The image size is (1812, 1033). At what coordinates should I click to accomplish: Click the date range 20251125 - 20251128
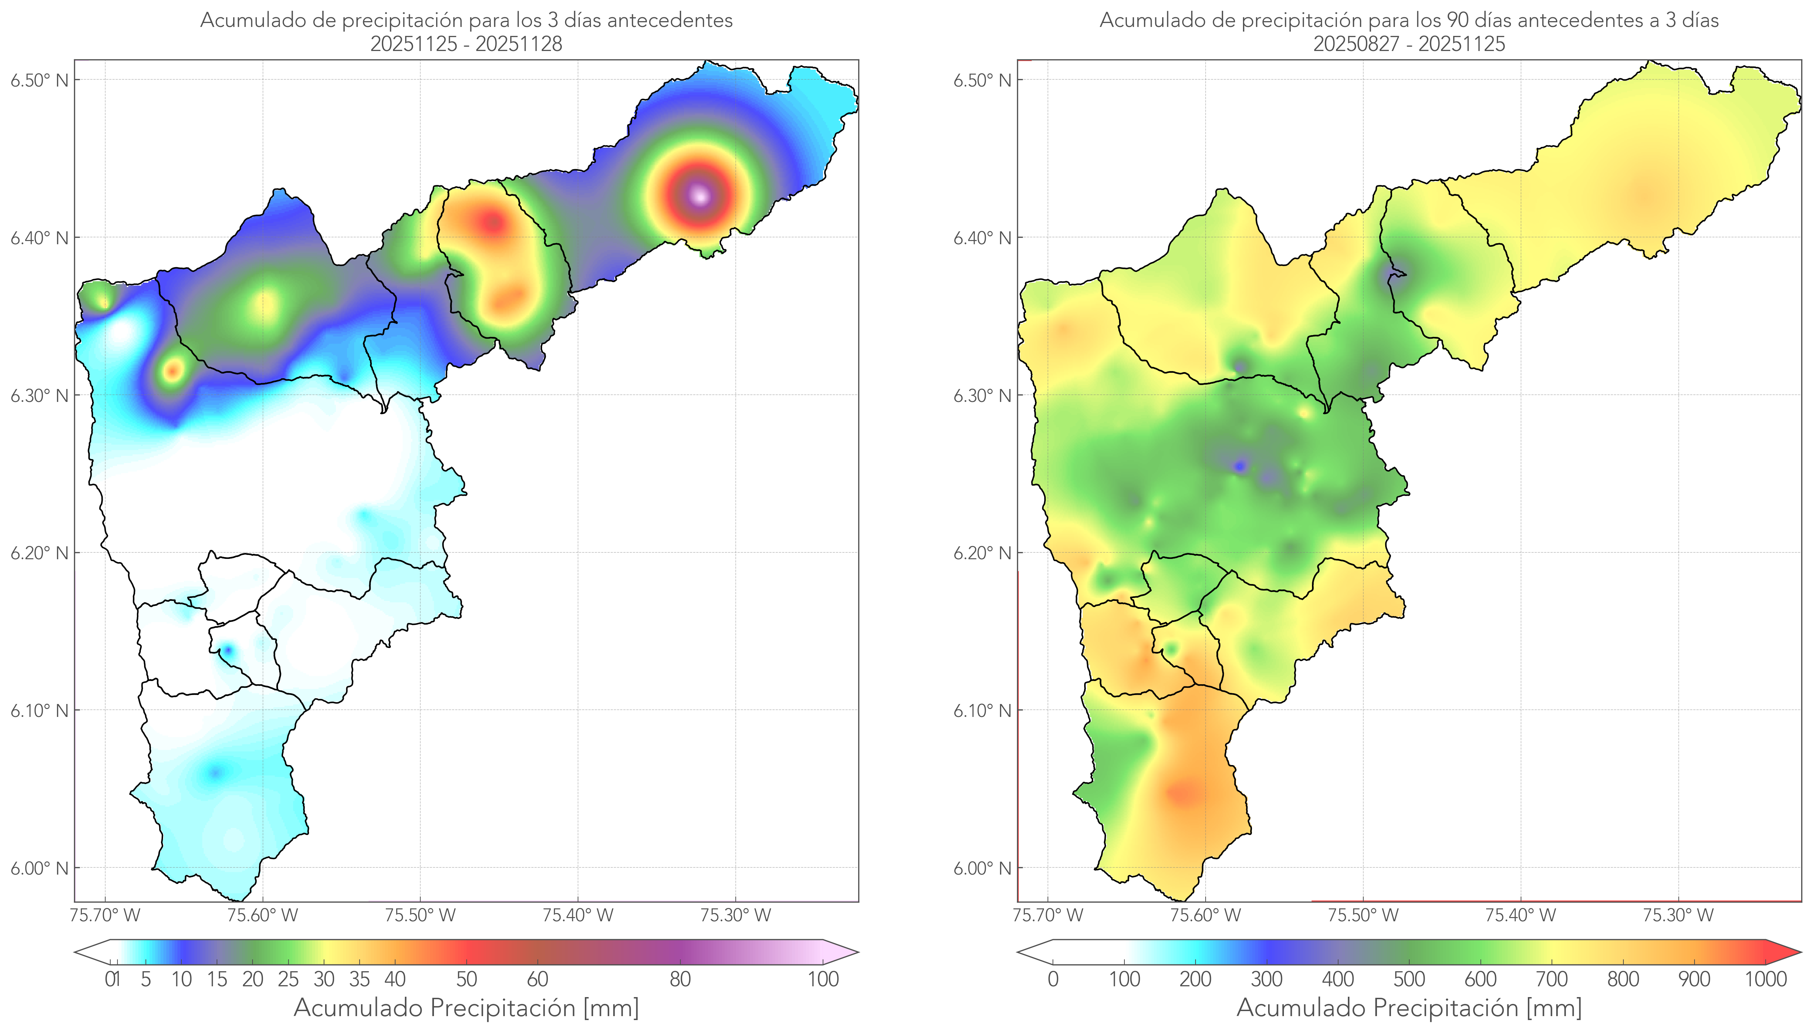coord(466,44)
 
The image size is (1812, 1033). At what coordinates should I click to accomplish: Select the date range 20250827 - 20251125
coord(1409,44)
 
